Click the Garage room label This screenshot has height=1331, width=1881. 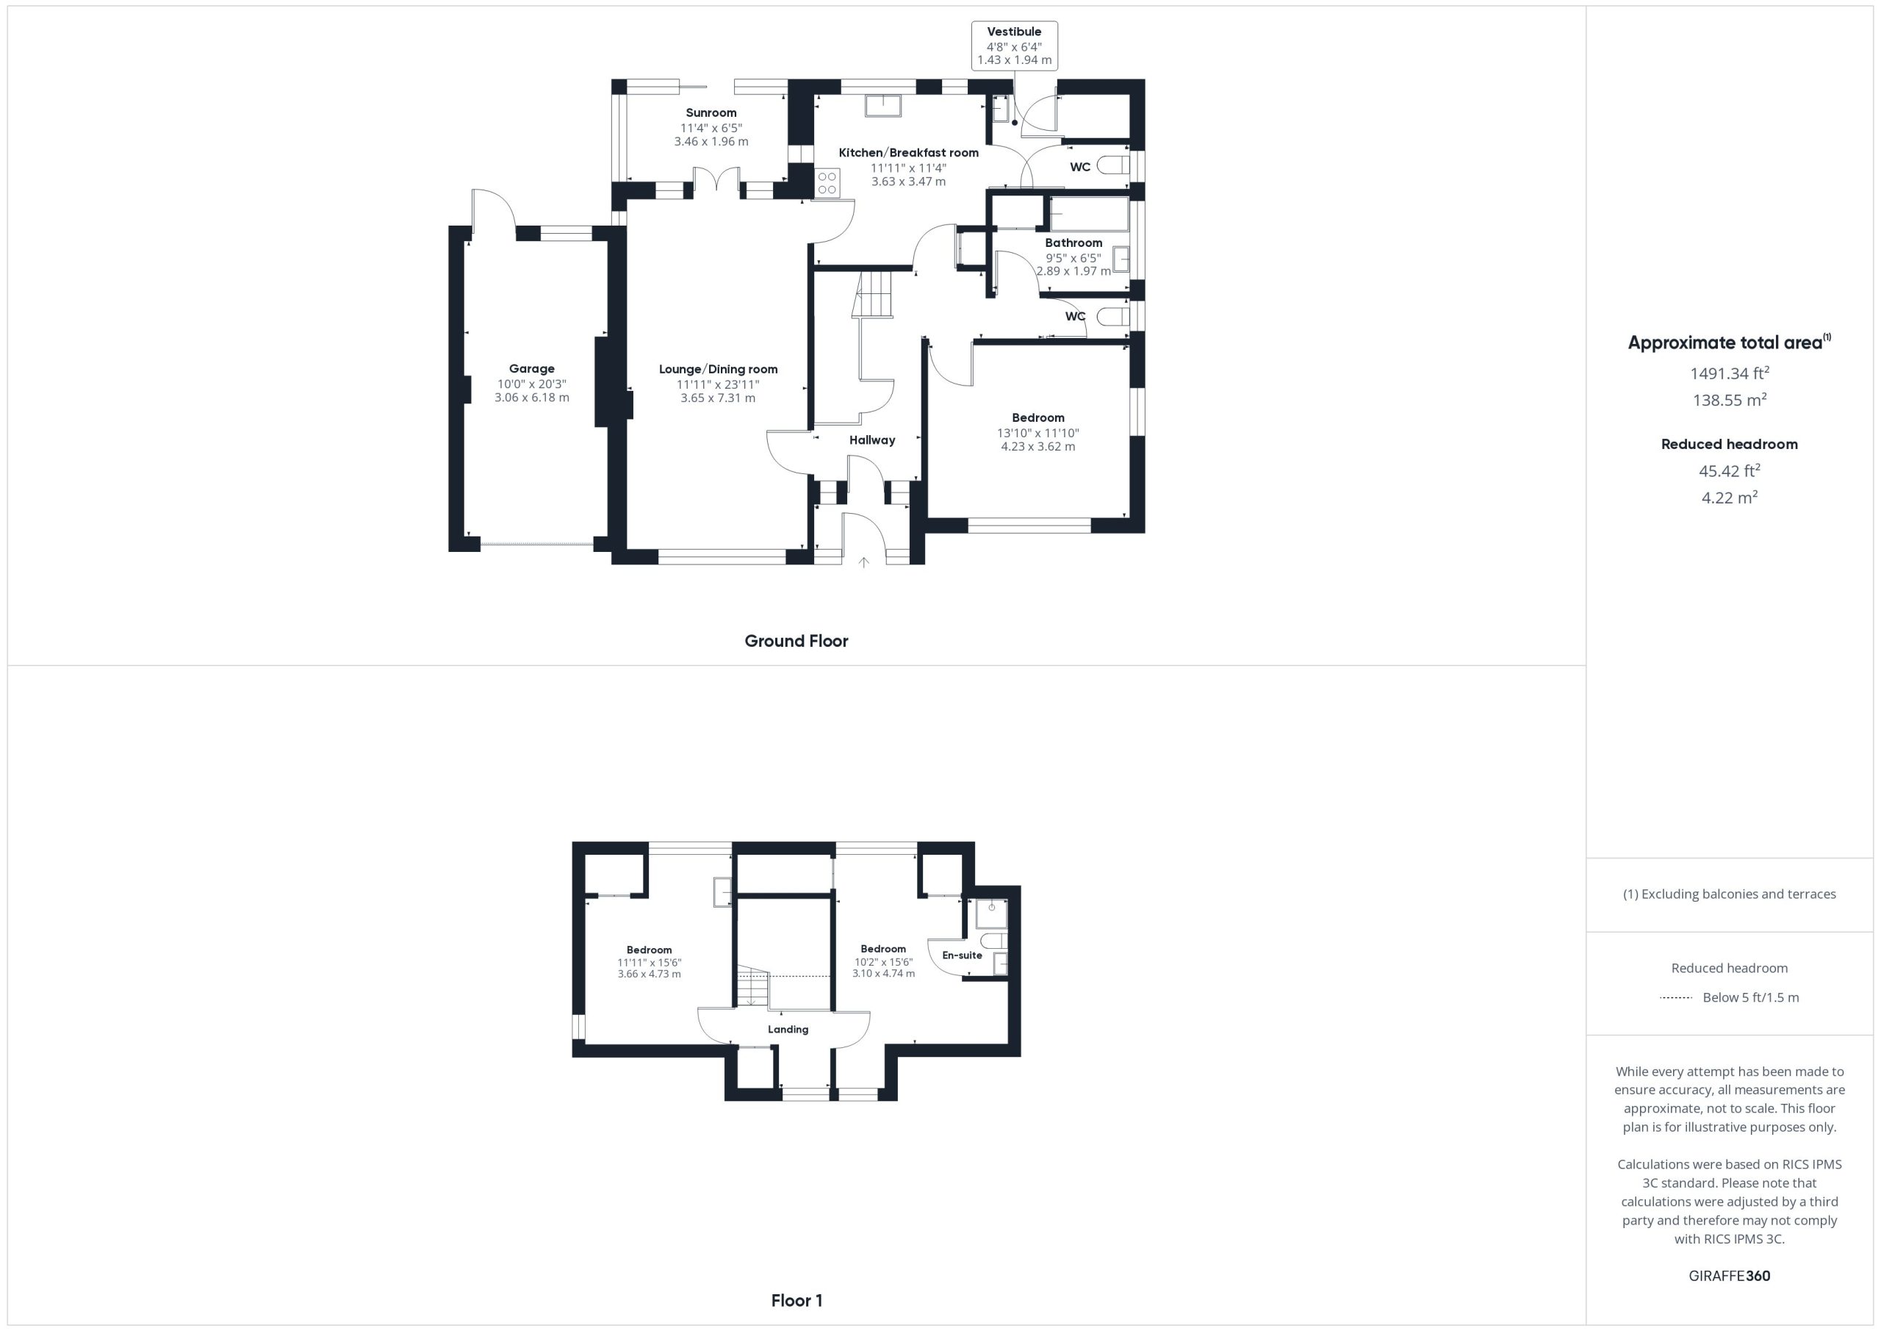(532, 369)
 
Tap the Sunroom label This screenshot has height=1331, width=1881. (711, 113)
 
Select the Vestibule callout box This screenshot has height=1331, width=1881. (1014, 46)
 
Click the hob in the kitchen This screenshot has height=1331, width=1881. (827, 183)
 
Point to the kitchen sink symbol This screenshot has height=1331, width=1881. (883, 106)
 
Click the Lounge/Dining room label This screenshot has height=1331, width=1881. (719, 370)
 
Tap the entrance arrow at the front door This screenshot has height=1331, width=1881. (863, 562)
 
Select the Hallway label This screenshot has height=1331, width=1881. (872, 440)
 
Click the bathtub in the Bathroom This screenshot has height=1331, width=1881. (1089, 215)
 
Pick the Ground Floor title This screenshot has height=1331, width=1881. (796, 641)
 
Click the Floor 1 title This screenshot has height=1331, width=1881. (797, 1301)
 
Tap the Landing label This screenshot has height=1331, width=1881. (788, 1030)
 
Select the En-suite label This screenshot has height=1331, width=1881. (963, 955)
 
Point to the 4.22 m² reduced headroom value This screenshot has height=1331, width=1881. (1730, 498)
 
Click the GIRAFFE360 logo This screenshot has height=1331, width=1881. (1730, 1276)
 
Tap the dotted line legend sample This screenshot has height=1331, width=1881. (1676, 997)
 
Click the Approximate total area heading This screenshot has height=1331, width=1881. (1730, 342)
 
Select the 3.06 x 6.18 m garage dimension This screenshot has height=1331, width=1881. (532, 398)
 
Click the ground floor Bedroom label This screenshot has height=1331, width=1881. (1038, 418)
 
